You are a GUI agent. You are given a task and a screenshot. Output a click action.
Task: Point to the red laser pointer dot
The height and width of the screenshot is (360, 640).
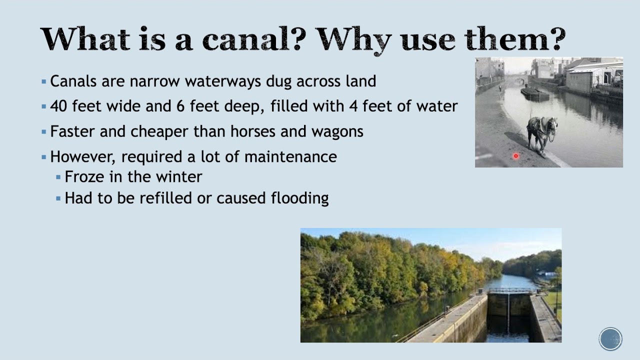pyautogui.click(x=516, y=156)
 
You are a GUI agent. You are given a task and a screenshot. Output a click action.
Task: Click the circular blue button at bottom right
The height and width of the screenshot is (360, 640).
pyautogui.click(x=610, y=339)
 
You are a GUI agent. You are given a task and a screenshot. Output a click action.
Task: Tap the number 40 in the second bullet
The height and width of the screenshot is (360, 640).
pyautogui.click(x=58, y=106)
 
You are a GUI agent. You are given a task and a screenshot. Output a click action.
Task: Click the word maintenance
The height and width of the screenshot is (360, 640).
pyautogui.click(x=290, y=156)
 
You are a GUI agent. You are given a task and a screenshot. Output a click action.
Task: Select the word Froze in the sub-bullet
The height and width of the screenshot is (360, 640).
pyautogui.click(x=83, y=177)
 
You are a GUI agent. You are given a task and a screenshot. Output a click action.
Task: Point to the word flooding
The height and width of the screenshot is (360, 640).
pyautogui.click(x=299, y=198)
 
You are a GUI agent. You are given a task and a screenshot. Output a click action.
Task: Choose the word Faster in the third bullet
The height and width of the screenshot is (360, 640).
pyautogui.click(x=73, y=131)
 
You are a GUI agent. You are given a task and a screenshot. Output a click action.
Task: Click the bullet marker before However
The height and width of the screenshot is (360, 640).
pyautogui.click(x=43, y=157)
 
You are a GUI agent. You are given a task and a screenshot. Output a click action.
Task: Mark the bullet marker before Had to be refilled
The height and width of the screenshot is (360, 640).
pyautogui.click(x=58, y=198)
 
